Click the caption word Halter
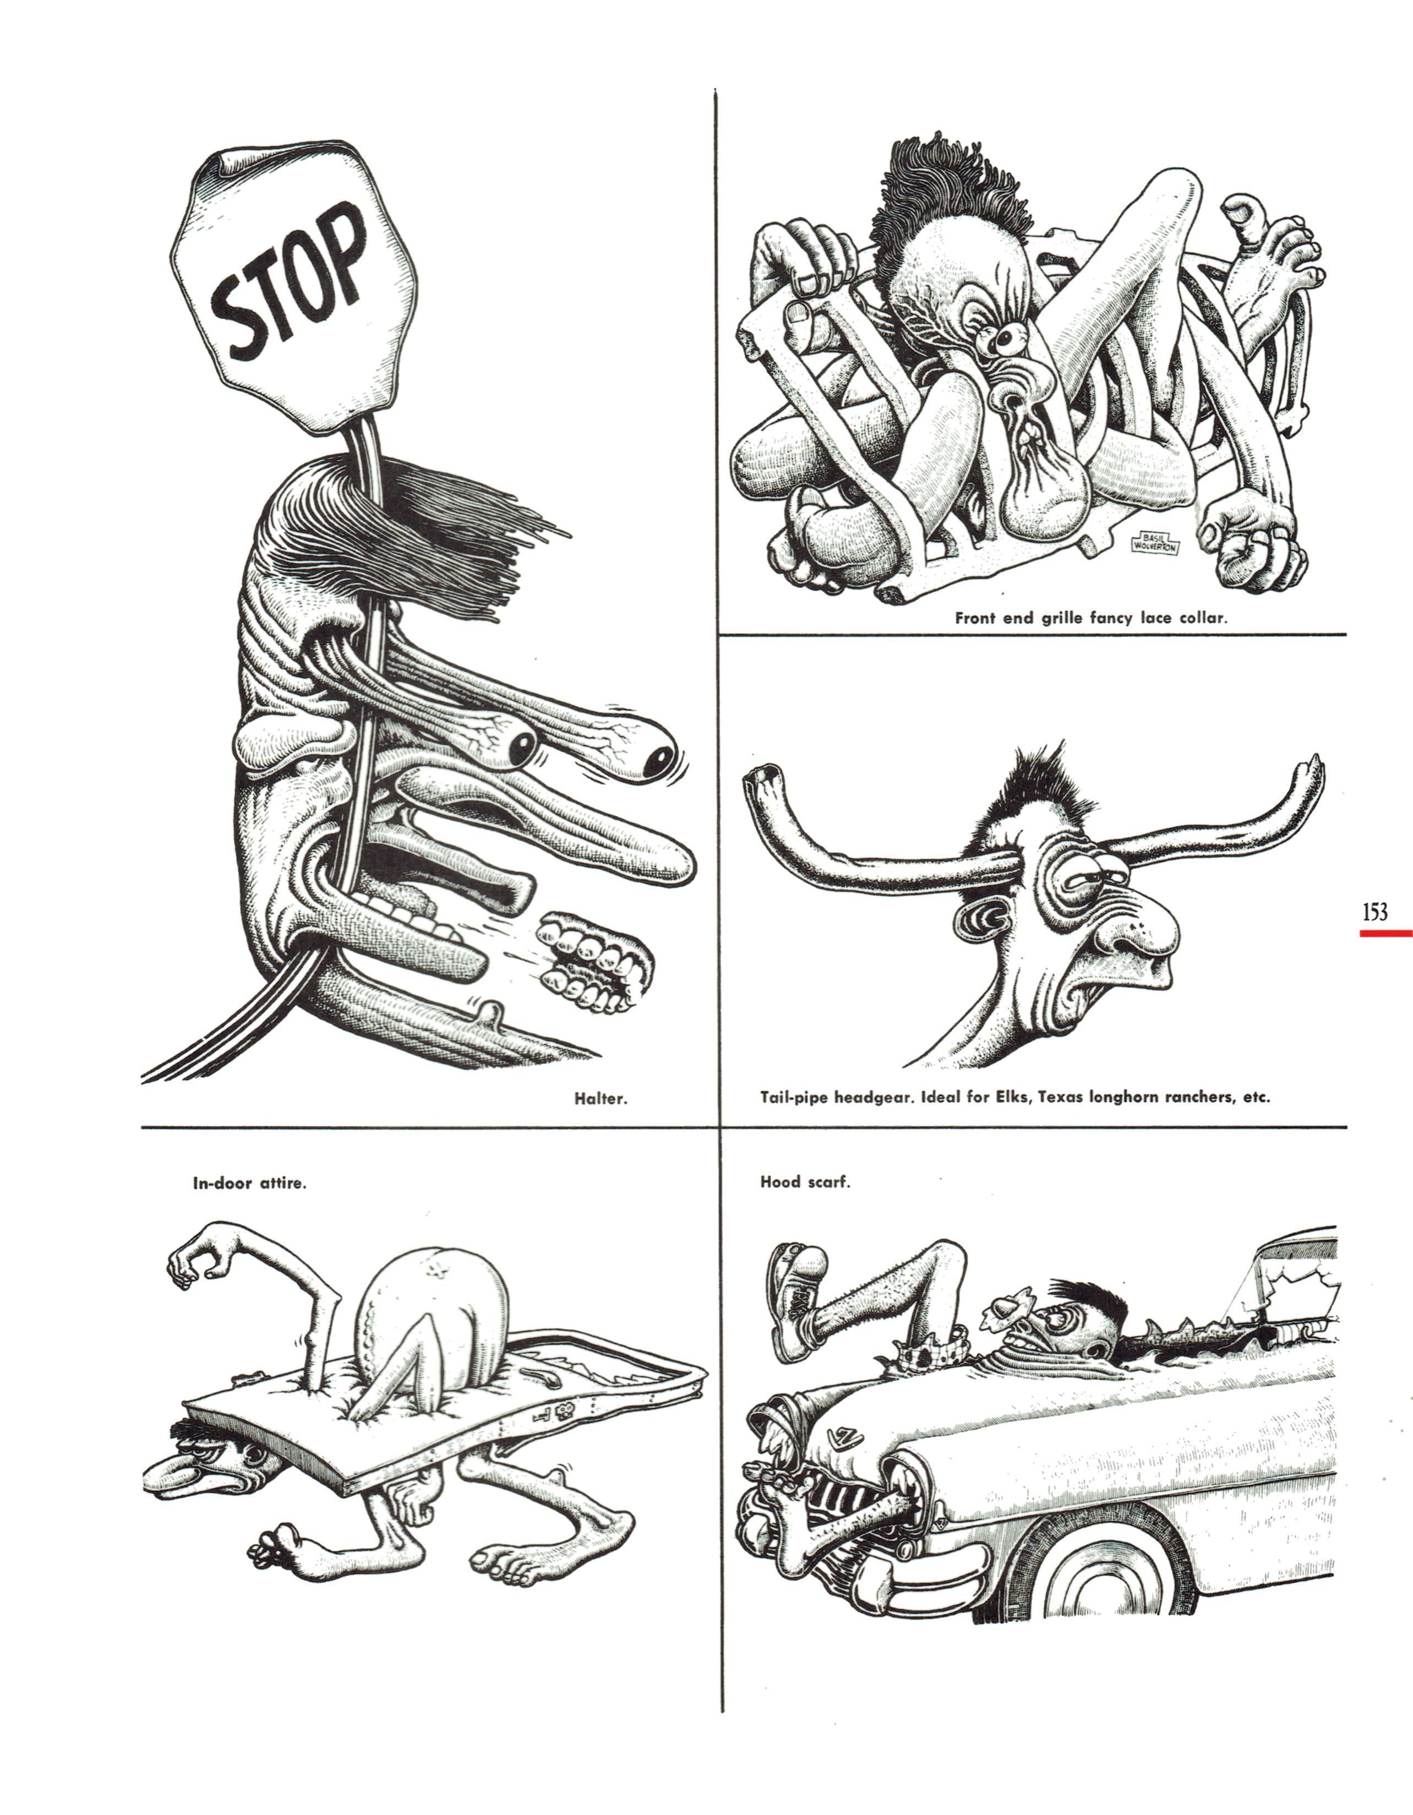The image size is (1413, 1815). point(600,1099)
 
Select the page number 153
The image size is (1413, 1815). point(1375,913)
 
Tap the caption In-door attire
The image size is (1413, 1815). point(249,1184)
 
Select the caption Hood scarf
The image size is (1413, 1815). point(805,1182)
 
